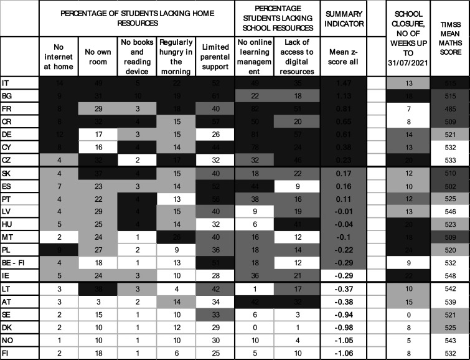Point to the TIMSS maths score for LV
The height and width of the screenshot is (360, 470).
click(449, 211)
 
